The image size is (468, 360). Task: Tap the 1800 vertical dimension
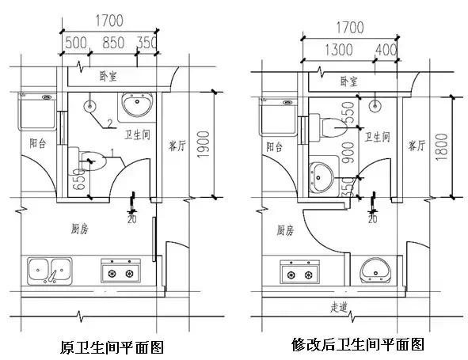tap(443, 146)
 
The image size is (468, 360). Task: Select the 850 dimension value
tap(113, 43)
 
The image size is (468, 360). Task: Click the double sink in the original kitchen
tap(49, 271)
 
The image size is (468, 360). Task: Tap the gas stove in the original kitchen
tap(120, 272)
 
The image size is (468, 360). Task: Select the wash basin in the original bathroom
tap(139, 105)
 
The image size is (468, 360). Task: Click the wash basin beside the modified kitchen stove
tap(375, 271)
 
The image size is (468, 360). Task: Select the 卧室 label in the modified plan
tap(348, 81)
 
